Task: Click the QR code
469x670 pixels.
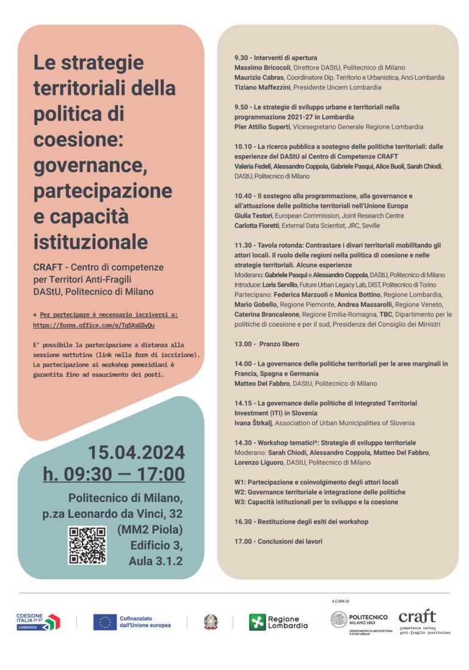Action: [87, 545]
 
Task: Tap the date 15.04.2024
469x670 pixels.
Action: [136, 453]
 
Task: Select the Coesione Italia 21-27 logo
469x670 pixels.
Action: [38, 622]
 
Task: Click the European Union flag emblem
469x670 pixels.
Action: [104, 622]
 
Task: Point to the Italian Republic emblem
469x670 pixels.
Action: [210, 622]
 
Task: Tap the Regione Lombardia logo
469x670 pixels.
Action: [278, 622]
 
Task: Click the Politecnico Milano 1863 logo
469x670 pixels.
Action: [360, 622]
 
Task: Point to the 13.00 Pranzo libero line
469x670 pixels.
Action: [267, 344]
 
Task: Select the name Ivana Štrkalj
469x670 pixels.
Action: [254, 423]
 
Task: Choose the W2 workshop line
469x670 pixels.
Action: [319, 492]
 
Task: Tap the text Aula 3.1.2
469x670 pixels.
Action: [156, 561]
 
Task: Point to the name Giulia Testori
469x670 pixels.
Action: [253, 216]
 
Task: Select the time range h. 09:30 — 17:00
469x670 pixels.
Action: [114, 474]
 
